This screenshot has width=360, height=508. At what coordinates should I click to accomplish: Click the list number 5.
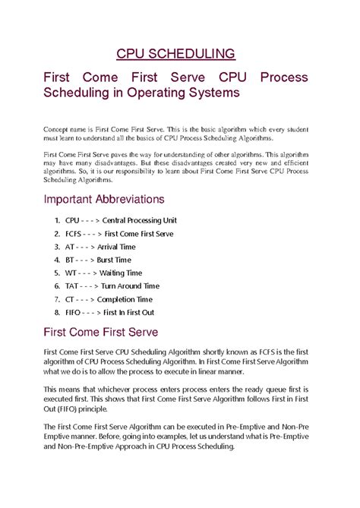tap(56, 273)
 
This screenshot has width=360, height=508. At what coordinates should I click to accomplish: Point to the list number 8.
tap(56, 312)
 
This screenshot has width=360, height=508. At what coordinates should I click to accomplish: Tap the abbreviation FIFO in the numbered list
tap(74, 312)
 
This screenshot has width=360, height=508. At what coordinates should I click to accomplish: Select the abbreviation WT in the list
tap(71, 273)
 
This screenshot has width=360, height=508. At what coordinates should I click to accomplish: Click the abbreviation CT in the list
tap(70, 299)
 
